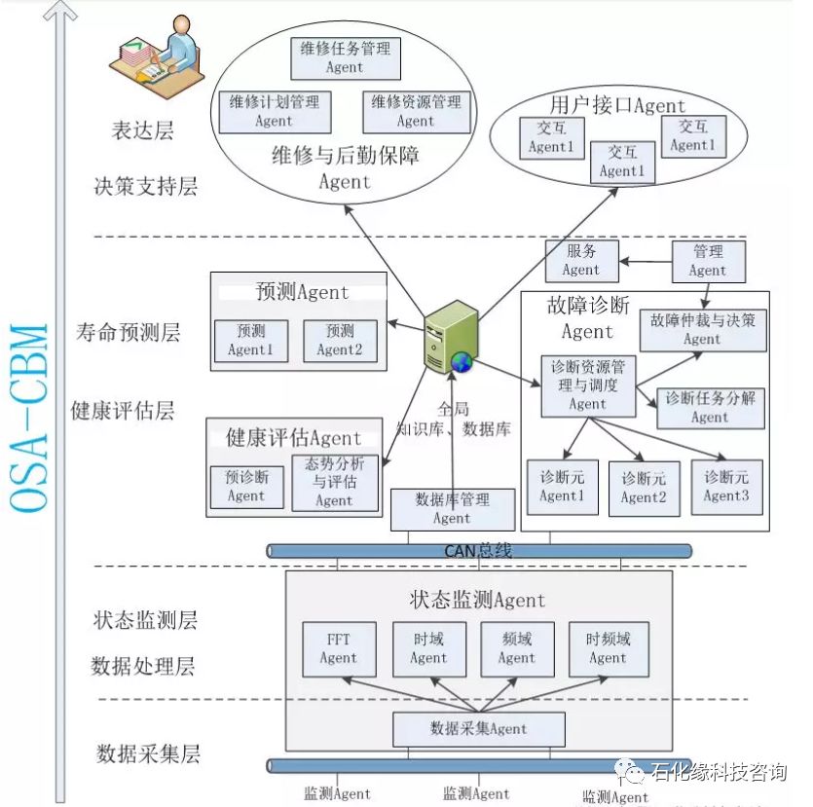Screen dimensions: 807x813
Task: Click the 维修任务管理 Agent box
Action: click(x=346, y=57)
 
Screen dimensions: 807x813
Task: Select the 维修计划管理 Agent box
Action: click(x=275, y=111)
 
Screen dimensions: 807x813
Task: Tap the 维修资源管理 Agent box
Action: click(x=416, y=111)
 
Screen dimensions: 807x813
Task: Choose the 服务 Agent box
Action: click(x=580, y=261)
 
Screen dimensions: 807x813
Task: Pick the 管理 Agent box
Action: click(x=708, y=261)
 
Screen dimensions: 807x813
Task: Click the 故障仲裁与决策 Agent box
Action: click(x=702, y=329)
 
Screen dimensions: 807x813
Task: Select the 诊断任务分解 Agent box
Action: click(x=710, y=407)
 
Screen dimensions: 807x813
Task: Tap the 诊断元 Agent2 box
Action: click(x=644, y=487)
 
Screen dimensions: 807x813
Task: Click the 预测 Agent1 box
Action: click(x=250, y=340)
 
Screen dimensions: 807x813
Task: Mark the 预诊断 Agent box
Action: click(x=246, y=486)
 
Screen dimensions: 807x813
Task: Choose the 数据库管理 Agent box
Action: click(x=452, y=508)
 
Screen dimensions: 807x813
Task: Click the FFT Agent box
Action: click(x=338, y=648)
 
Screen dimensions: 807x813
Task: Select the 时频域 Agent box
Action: click(x=608, y=648)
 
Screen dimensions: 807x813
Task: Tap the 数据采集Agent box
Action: click(x=478, y=728)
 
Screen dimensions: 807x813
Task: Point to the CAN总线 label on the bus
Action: click(x=478, y=551)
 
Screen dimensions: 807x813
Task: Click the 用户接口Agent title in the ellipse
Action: click(x=617, y=106)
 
